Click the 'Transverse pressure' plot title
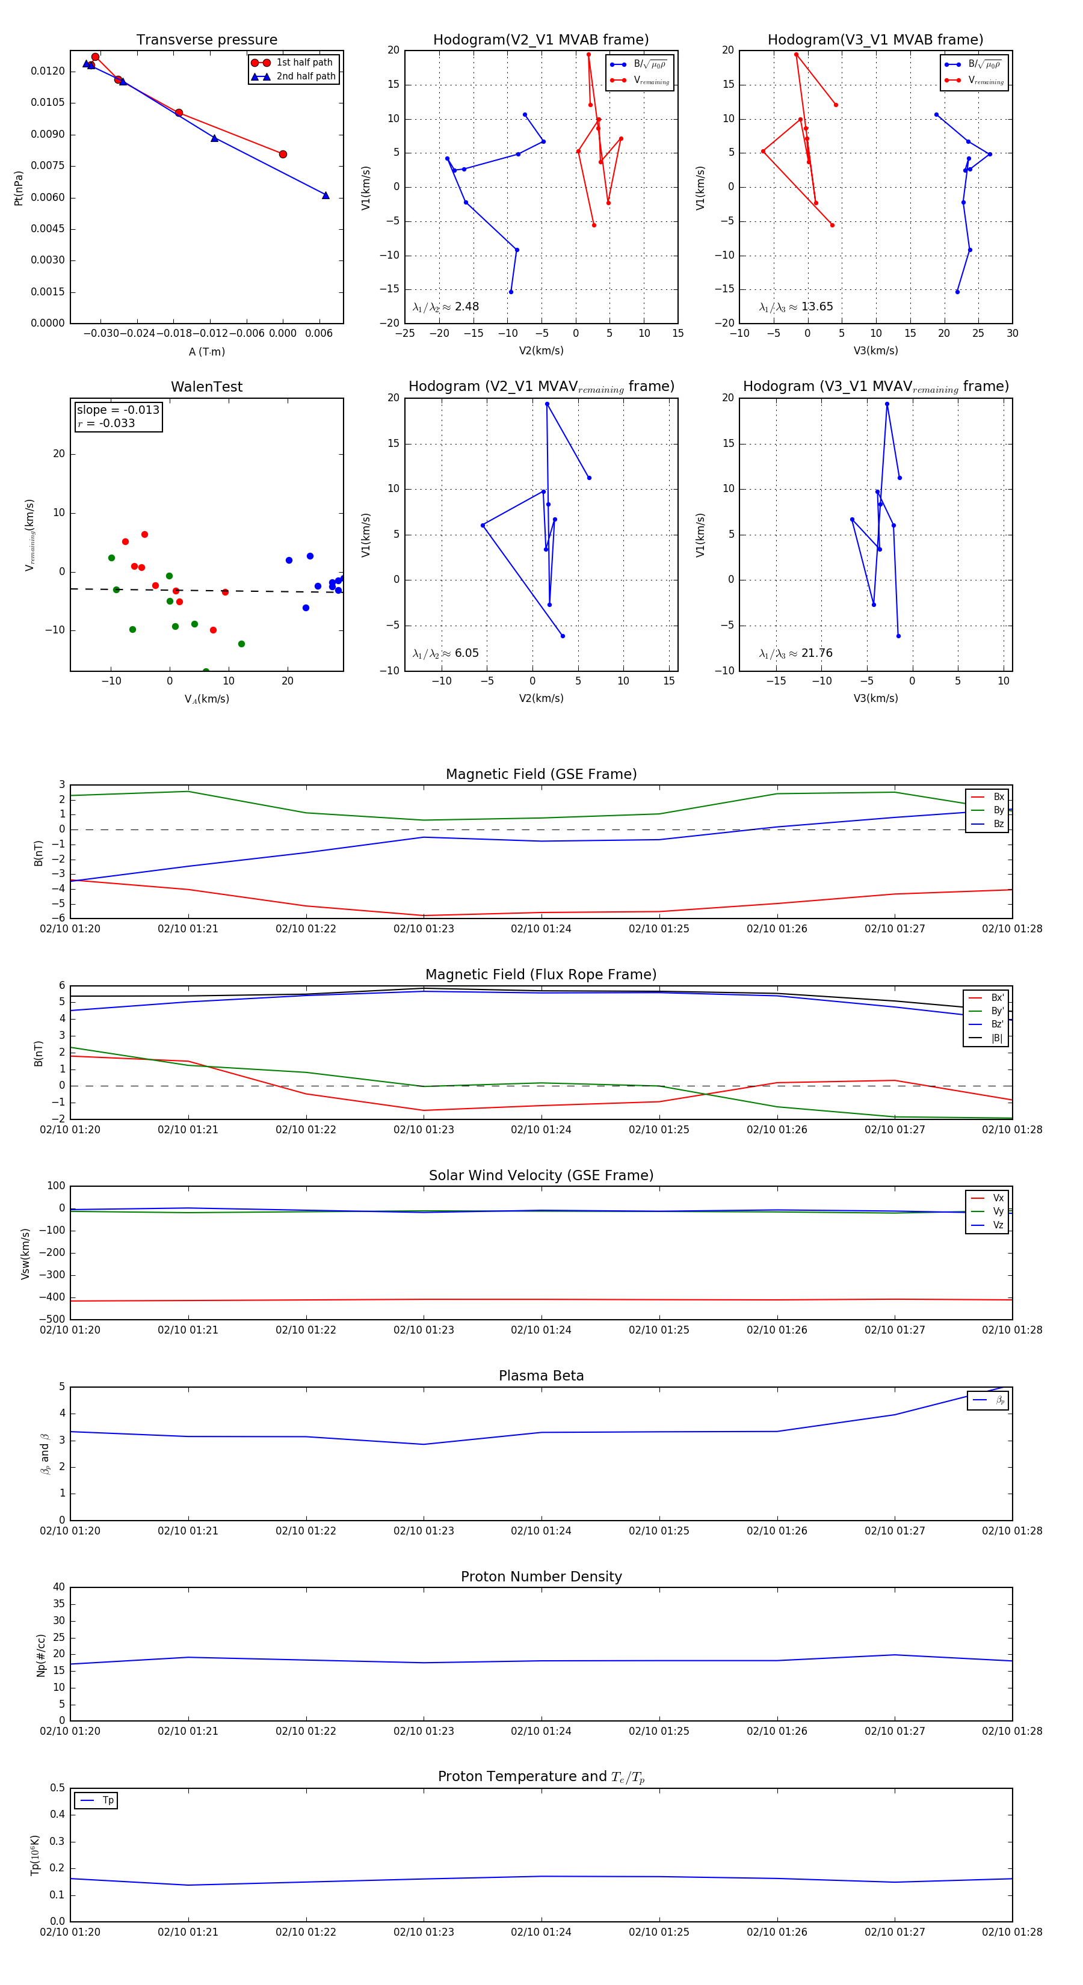(206, 40)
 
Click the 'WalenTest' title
(206, 387)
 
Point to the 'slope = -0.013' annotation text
(118, 410)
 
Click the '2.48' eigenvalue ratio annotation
(466, 307)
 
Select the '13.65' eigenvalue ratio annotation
(816, 307)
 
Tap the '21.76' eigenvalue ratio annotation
(816, 653)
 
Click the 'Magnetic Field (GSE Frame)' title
(541, 774)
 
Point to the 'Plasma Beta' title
(541, 1376)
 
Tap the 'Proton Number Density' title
(541, 1577)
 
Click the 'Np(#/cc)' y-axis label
(42, 1655)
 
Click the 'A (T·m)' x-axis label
(206, 352)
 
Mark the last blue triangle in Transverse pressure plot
(326, 195)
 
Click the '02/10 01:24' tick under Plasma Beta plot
(541, 1530)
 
